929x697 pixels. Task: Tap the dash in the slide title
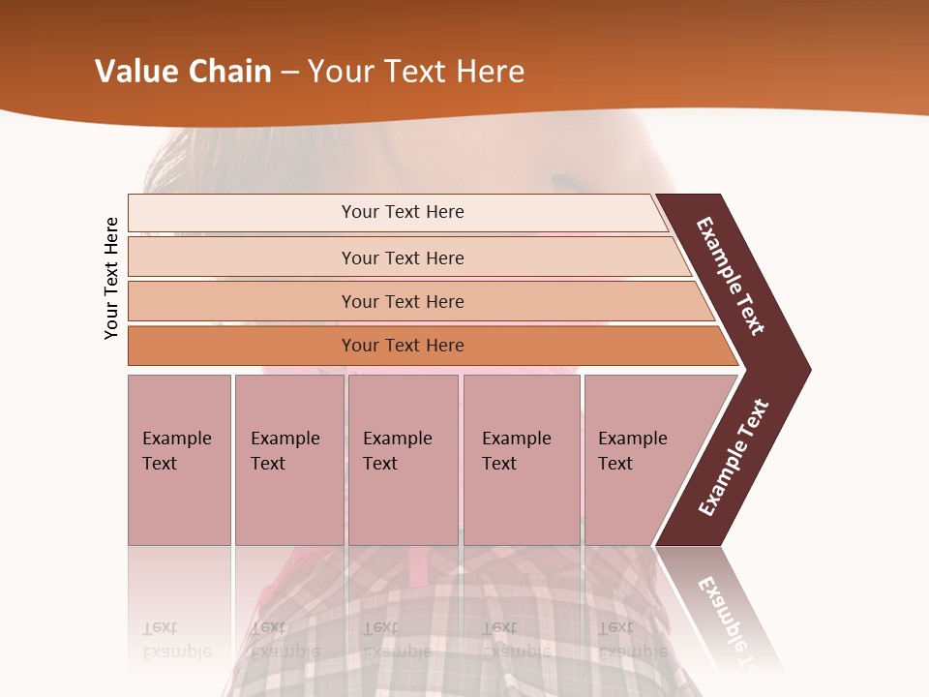tap(289, 73)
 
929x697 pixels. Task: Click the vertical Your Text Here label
tap(111, 278)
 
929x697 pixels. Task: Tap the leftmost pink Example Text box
tap(179, 460)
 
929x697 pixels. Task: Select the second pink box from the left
tap(288, 460)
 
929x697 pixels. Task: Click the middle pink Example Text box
tap(403, 460)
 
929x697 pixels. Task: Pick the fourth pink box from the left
tap(521, 460)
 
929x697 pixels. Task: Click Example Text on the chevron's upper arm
tap(731, 276)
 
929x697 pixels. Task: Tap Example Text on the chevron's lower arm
tap(734, 458)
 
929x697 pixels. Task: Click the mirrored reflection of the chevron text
tap(731, 620)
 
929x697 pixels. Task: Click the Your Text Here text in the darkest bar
tap(403, 346)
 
